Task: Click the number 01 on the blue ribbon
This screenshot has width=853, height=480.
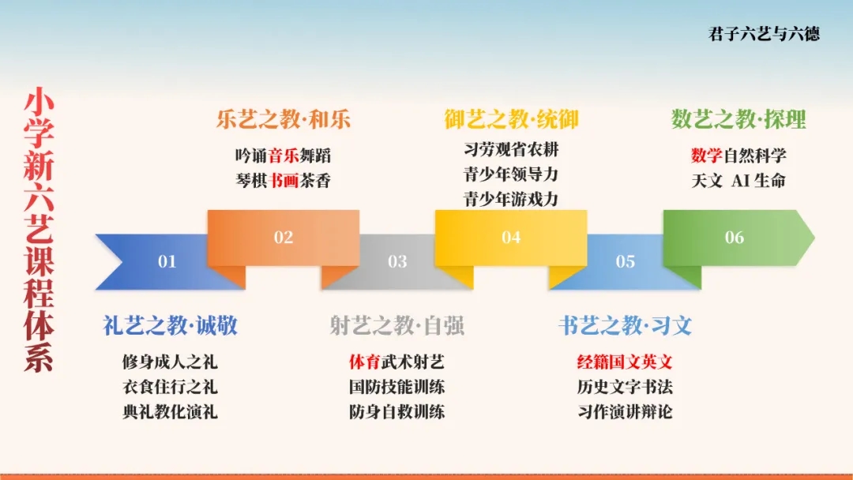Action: (x=167, y=261)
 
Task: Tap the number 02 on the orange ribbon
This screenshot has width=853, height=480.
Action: (x=284, y=237)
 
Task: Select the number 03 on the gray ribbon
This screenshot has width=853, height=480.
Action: (x=397, y=261)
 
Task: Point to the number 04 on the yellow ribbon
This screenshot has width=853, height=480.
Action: (x=511, y=237)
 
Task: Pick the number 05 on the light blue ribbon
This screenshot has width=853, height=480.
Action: (x=626, y=261)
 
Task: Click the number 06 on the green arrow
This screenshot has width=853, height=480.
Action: (x=735, y=237)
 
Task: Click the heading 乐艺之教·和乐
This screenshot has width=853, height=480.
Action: (x=284, y=119)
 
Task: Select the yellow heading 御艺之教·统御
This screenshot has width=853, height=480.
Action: (x=511, y=119)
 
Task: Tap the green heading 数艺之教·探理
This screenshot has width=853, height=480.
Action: (x=738, y=119)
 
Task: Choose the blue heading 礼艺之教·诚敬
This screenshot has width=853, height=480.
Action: (x=171, y=325)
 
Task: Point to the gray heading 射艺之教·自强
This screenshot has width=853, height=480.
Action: (x=397, y=325)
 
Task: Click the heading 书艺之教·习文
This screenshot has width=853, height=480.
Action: (x=625, y=325)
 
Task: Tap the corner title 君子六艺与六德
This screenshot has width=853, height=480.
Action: (x=764, y=34)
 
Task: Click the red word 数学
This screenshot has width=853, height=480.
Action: (x=707, y=156)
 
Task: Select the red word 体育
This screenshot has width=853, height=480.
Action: (x=364, y=362)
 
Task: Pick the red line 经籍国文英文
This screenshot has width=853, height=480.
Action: (x=625, y=362)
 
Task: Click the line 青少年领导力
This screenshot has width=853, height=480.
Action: (x=511, y=174)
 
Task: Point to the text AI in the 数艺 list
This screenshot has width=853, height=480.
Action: (x=740, y=181)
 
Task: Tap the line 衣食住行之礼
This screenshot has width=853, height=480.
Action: (x=171, y=387)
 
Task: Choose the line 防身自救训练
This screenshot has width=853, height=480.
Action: (x=397, y=411)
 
